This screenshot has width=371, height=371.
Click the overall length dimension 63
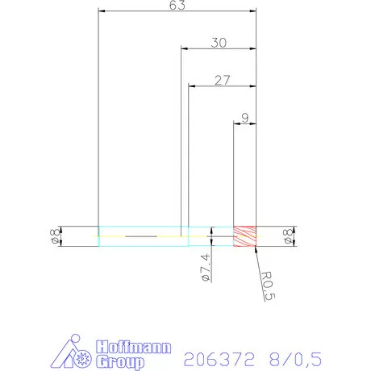tap(177, 6)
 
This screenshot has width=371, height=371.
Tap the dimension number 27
tap(223, 80)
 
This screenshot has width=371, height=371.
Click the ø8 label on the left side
tap(54, 236)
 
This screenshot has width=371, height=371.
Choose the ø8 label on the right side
tap(288, 236)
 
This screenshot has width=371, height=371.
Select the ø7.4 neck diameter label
tap(205, 267)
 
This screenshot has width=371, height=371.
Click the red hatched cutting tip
tap(244, 236)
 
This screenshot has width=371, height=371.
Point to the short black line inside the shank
tap(142, 236)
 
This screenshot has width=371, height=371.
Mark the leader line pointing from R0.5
tap(259, 260)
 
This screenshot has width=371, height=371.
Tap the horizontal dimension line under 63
tap(177, 12)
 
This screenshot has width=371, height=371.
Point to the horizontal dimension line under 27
tap(223, 86)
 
